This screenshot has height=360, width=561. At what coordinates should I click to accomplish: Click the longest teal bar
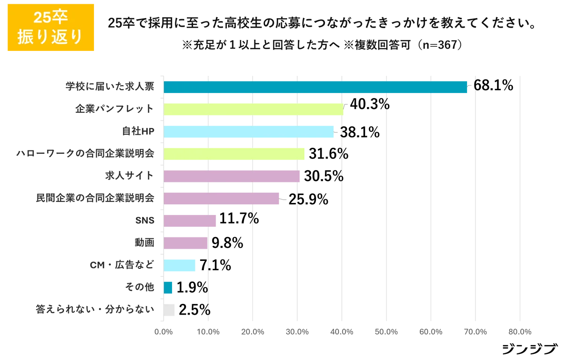click(316, 87)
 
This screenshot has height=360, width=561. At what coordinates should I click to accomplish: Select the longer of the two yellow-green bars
click(255, 109)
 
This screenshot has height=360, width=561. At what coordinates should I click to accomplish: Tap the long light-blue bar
click(250, 131)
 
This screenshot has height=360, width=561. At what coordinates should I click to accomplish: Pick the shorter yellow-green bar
click(235, 153)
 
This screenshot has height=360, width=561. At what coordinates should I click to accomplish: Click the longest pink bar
click(233, 176)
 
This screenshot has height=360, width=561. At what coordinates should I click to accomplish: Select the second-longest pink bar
click(222, 198)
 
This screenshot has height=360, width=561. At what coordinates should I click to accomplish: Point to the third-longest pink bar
click(190, 221)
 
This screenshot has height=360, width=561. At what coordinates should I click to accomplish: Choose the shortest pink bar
click(186, 243)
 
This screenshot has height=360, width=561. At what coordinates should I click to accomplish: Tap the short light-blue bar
click(181, 265)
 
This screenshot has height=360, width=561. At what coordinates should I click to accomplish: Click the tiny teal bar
click(169, 288)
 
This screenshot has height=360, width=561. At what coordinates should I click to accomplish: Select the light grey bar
click(170, 310)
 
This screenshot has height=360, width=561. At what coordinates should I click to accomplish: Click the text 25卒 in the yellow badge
click(50, 18)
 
